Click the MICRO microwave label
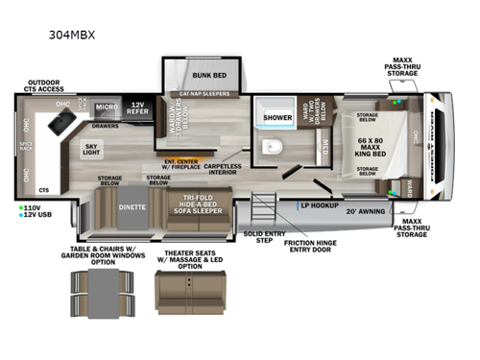pos(106,108)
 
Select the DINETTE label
pos(132,205)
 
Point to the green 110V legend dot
pos(19,206)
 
